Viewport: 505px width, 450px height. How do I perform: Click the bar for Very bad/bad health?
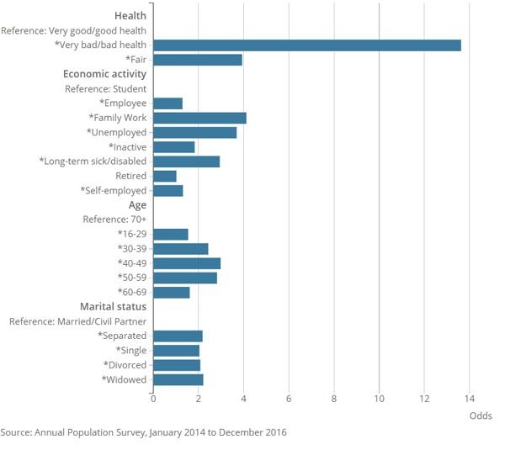(307, 45)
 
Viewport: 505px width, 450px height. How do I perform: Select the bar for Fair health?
(198, 60)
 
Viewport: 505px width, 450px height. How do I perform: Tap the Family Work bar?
(199, 118)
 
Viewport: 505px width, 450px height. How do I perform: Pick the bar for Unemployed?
(195, 132)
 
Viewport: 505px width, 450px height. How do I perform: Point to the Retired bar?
(165, 176)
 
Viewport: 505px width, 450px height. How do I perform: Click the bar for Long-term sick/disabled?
(186, 161)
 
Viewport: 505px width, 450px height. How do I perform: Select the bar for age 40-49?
(187, 263)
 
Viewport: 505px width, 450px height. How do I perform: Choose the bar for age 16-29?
(171, 234)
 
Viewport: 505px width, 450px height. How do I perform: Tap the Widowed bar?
(178, 379)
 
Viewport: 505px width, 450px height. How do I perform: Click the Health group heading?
(130, 15)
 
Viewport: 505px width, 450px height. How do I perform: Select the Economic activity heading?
(105, 74)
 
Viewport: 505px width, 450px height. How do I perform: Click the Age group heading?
(137, 204)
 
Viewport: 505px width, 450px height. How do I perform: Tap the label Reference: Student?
(105, 88)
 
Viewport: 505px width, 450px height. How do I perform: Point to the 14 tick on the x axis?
(470, 398)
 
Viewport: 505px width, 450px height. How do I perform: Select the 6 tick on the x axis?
(289, 398)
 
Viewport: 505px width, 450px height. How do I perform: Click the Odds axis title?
(481, 416)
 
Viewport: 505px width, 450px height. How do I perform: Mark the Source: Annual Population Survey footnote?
(143, 432)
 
